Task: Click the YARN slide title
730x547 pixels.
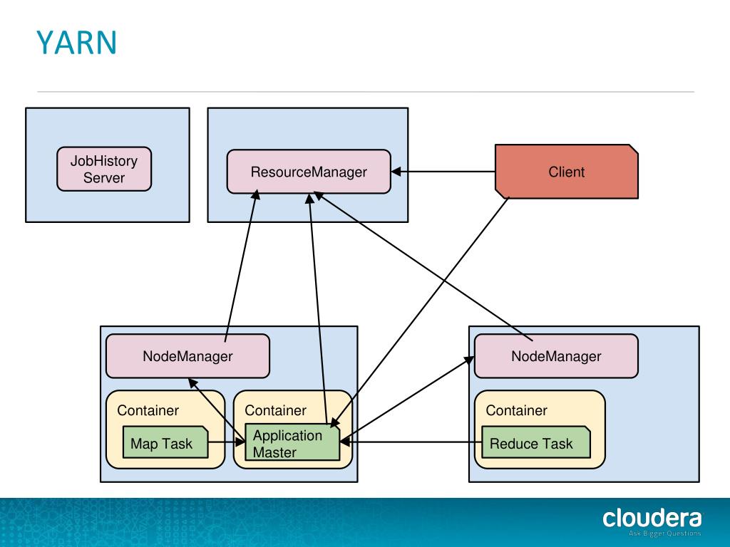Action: pos(76,43)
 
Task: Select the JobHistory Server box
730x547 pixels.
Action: pos(104,170)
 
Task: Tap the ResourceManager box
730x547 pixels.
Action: pos(309,172)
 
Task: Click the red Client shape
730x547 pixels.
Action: pos(567,172)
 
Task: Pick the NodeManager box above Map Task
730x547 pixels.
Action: pos(187,356)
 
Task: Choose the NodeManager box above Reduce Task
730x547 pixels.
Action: pos(556,356)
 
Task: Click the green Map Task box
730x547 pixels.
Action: pos(165,444)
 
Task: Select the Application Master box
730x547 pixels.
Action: pos(292,443)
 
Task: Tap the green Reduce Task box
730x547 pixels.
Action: pos(535,444)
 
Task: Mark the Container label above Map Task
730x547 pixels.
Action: pos(148,410)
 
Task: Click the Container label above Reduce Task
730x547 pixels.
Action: pos(516,410)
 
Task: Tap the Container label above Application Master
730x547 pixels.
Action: pos(275,410)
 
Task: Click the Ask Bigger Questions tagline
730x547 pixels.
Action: pos(664,533)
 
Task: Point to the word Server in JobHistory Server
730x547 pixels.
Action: pos(104,178)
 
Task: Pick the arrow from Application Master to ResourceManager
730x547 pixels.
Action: pos(317,306)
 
